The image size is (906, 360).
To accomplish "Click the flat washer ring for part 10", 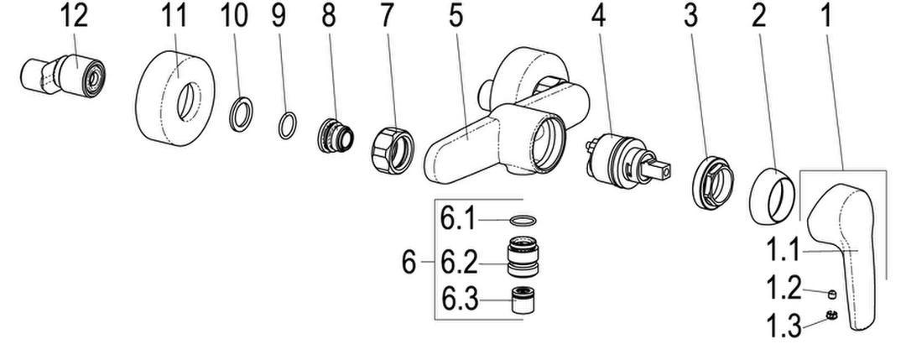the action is point(242,112).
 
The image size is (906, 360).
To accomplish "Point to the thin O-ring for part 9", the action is point(288,126).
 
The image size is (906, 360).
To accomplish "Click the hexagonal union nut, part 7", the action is point(392,150).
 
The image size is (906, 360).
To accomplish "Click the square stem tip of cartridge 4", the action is point(662,170).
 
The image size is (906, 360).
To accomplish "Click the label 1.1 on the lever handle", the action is point(783,253).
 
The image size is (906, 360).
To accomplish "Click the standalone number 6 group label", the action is point(409,263).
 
